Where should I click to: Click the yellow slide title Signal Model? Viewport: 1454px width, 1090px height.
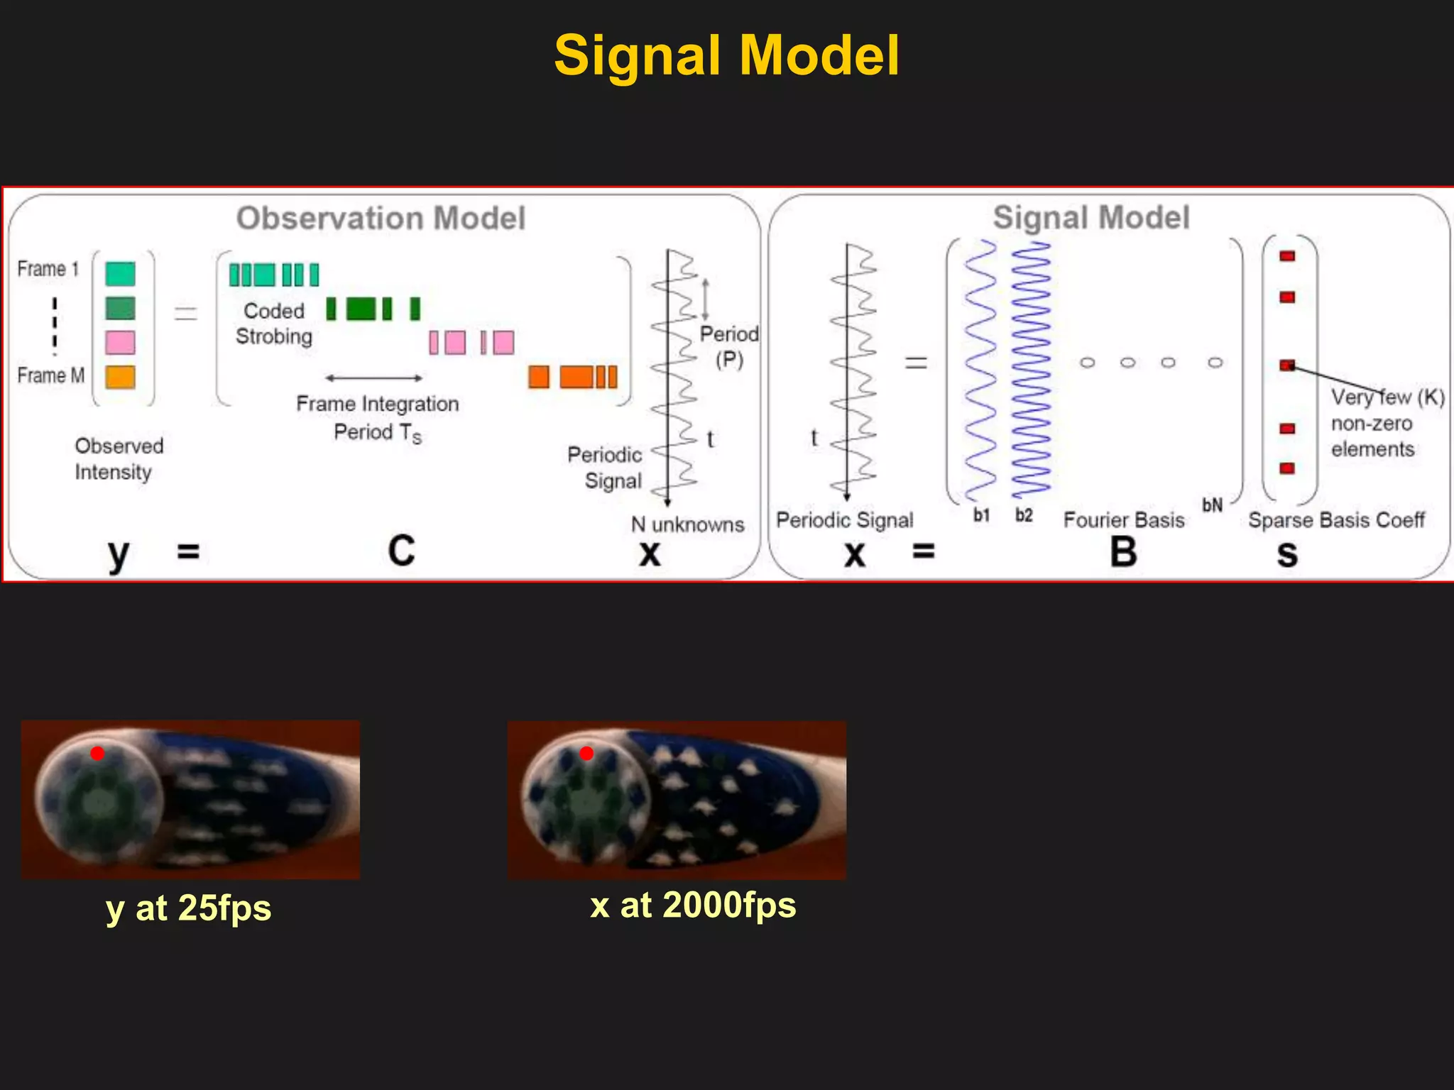coord(726,56)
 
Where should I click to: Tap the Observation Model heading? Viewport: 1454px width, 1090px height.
coord(381,218)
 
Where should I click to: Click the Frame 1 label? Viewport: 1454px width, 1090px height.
coord(48,269)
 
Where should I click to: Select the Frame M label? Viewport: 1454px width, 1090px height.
coord(50,375)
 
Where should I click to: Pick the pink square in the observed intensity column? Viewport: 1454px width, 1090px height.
coord(120,342)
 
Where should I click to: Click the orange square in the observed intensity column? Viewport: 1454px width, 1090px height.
coord(120,377)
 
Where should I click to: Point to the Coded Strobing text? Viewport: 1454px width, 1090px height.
coord(274,323)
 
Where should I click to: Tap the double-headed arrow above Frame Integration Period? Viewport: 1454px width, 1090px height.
coord(373,378)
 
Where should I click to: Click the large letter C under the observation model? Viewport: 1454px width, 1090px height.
coord(401,551)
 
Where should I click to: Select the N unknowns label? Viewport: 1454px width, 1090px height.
coord(687,524)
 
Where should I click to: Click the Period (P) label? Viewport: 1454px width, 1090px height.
coord(729,346)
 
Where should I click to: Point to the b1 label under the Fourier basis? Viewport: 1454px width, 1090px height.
coord(981,515)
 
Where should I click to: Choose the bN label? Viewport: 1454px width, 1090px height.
coord(1212,505)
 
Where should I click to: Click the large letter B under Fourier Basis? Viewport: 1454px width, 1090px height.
coord(1123,552)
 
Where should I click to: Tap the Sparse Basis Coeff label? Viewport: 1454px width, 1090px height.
coord(1336,520)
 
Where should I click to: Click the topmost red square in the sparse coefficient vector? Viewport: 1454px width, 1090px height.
coord(1287,256)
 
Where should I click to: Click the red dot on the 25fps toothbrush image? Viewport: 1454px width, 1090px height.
coord(97,753)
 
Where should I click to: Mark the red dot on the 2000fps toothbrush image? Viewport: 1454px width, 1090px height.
coord(586,753)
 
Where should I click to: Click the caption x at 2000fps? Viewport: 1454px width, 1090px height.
coord(693,905)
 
